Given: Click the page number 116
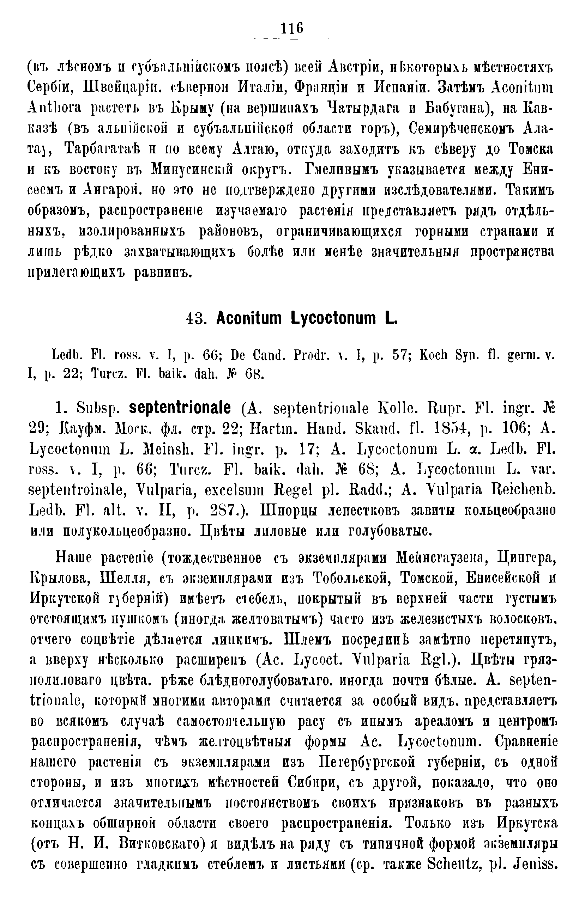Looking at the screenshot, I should pos(292,29).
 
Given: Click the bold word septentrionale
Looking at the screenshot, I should pos(180,408).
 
